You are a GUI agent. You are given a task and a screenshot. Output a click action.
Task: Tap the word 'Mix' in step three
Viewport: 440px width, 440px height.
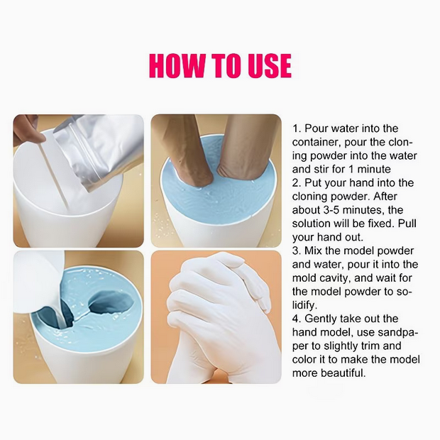pyautogui.click(x=312, y=251)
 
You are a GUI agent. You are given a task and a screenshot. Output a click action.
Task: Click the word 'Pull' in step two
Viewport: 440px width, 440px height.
pyautogui.click(x=407, y=224)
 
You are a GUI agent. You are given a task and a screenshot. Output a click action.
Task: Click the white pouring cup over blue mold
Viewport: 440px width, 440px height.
pyautogui.click(x=38, y=280)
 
